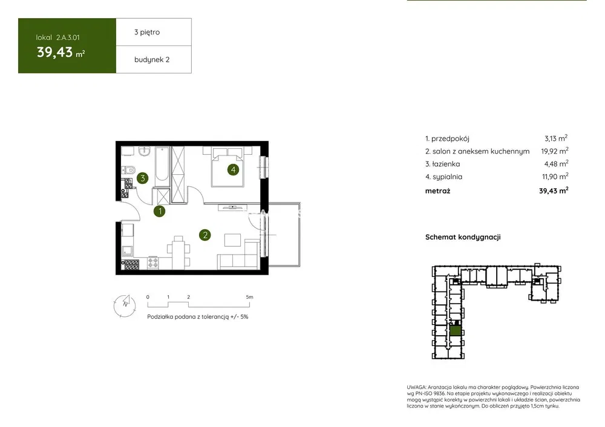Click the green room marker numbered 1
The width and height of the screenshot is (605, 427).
click(159, 211)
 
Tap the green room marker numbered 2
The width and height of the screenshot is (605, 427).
click(205, 235)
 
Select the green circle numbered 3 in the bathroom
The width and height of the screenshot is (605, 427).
click(143, 178)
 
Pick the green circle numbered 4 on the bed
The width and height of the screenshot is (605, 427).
click(233, 169)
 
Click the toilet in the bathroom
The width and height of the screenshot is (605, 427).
click(128, 169)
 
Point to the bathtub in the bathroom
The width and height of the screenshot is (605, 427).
click(162, 167)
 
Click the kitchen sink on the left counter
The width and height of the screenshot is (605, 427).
click(127, 251)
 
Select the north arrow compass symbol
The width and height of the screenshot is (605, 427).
click(125, 305)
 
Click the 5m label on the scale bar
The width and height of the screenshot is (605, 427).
click(249, 297)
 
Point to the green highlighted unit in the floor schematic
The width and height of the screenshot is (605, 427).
click(456, 331)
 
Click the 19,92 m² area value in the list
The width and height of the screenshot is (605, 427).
click(554, 151)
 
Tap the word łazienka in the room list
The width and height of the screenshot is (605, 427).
click(446, 164)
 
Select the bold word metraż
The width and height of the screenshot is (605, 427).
click(437, 191)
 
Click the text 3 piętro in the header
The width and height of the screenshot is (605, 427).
click(147, 32)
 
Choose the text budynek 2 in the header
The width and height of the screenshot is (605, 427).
click(152, 59)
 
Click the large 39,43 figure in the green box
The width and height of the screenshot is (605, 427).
click(55, 52)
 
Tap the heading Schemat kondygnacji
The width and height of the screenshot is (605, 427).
click(463, 237)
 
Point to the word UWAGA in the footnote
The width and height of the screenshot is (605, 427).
click(416, 387)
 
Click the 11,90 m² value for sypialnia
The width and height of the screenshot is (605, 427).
click(555, 177)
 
